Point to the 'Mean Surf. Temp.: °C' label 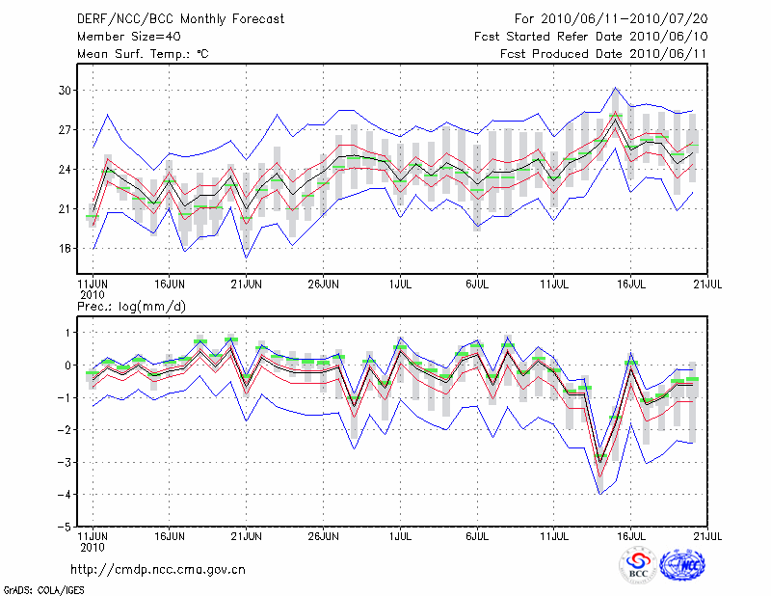coord(142,54)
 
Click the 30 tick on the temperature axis coord(65,91)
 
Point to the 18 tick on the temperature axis coord(65,249)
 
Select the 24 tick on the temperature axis coord(65,170)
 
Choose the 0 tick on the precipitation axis coord(67,366)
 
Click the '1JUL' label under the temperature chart coord(400,285)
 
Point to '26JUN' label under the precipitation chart coord(323,533)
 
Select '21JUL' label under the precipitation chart coord(708,533)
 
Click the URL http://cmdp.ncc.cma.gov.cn coord(158,569)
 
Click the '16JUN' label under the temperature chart coord(170,285)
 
